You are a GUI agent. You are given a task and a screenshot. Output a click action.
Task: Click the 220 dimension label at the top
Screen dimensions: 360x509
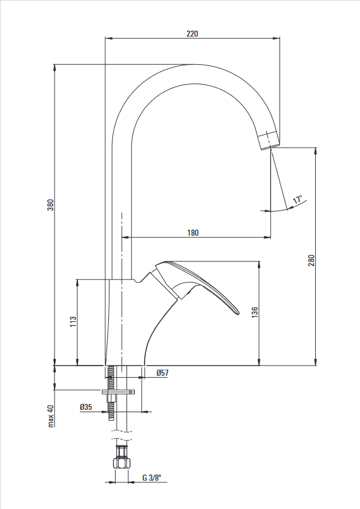click(x=192, y=34)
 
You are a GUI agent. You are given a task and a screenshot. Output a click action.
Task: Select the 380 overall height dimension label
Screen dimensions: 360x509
click(x=51, y=205)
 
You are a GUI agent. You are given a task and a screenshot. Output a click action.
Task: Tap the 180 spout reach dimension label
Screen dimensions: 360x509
click(x=193, y=233)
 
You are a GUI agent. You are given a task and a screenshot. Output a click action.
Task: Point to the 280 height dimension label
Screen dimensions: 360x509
click(x=312, y=261)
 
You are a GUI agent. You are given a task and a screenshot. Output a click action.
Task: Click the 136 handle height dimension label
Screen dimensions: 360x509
click(x=255, y=312)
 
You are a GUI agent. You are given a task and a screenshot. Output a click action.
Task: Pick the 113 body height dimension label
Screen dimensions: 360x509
click(x=73, y=321)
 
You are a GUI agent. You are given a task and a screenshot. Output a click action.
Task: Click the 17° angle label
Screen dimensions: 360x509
click(x=298, y=199)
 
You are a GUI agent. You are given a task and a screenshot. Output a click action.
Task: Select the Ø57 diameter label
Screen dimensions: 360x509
click(x=162, y=373)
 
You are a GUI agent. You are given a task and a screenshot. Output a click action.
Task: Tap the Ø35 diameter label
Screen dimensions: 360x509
click(x=86, y=407)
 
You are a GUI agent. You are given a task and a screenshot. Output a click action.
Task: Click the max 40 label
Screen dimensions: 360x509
click(x=51, y=416)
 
